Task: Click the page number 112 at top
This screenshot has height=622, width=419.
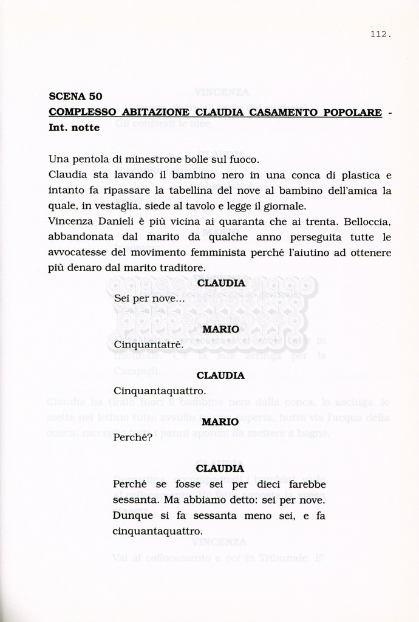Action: [380, 34]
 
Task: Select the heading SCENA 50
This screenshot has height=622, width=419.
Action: [75, 96]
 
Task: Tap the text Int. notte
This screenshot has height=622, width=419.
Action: [74, 128]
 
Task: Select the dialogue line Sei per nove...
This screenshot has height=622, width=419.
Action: [149, 299]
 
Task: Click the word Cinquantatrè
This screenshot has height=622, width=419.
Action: [148, 345]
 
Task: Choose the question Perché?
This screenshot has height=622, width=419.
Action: [132, 437]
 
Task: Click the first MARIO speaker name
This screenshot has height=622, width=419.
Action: [220, 329]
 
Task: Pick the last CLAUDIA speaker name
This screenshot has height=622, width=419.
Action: [220, 468]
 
